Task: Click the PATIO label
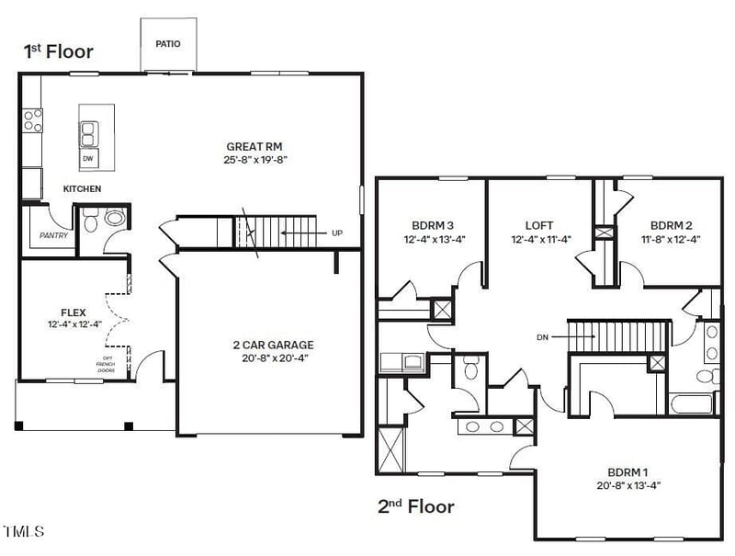click(x=167, y=43)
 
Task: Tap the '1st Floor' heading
click(x=58, y=51)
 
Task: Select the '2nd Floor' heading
click(x=415, y=505)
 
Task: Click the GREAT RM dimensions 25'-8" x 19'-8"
click(x=254, y=160)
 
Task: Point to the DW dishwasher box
click(x=89, y=159)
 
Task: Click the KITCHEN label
click(x=82, y=189)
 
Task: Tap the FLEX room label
click(x=73, y=312)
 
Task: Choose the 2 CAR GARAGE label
click(x=273, y=345)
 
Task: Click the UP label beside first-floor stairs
click(x=336, y=233)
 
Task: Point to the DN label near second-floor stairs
click(x=542, y=336)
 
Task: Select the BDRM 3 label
click(x=433, y=225)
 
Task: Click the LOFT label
click(x=539, y=225)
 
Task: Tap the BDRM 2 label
click(x=671, y=225)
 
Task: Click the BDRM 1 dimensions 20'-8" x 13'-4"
click(x=628, y=484)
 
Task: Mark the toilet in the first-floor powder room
click(x=115, y=219)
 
